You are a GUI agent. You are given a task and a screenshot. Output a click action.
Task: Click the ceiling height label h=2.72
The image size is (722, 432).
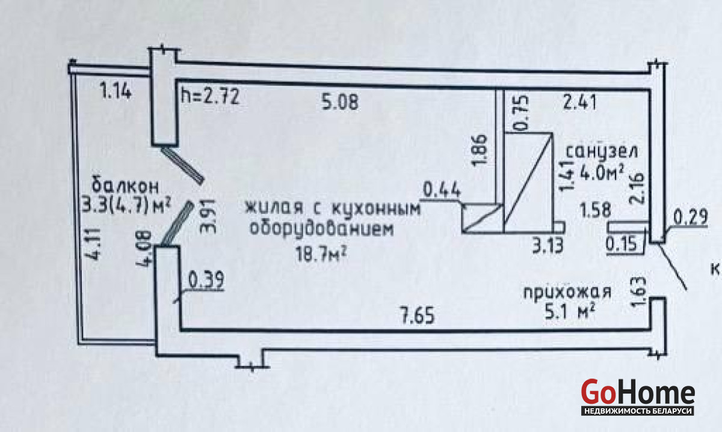pos(211,96)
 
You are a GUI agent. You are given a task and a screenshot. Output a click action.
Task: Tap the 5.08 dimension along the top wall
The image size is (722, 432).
pos(340,102)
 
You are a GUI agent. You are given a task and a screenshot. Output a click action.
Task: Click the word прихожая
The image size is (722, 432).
pos(567,293)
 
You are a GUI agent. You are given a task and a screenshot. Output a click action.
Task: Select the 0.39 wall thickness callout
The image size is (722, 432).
pos(206,279)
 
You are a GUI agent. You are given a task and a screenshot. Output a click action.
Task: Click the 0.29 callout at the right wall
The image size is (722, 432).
pos(688,215)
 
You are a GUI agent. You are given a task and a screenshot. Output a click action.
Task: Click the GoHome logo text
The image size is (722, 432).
pos(638,392)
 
